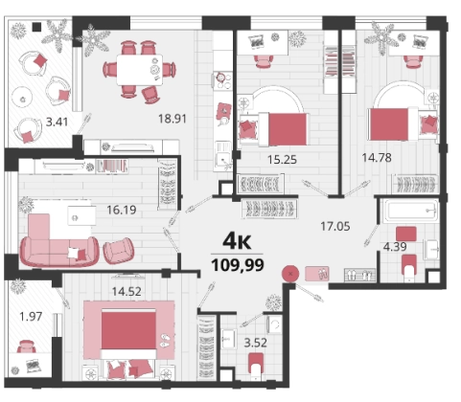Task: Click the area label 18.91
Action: pos(173,119)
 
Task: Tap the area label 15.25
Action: pos(282,159)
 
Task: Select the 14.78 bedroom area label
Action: pos(377,158)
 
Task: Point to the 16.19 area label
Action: pos(122,210)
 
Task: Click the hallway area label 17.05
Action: pos(335,227)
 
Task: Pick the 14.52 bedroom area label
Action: pos(127,291)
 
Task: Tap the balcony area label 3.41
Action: pos(58,122)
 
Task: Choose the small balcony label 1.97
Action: pos(31,317)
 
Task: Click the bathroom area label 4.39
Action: pos(395,247)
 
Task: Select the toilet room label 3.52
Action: pos(256,343)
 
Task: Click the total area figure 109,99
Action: pos(238,265)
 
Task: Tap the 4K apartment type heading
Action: pos(237,241)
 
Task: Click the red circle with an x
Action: pos(290,274)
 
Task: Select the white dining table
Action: pos(140,70)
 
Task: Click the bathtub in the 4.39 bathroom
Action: pos(411,211)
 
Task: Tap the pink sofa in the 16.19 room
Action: pos(59,241)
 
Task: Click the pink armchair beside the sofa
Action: pos(119,251)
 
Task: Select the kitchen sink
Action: pos(223,156)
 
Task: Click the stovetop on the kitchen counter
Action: pos(222,80)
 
